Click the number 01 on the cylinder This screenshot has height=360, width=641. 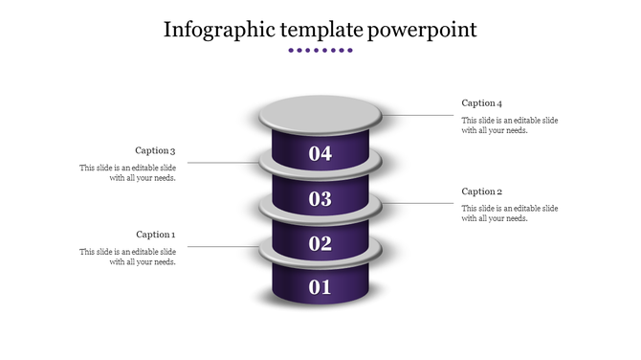(x=320, y=286)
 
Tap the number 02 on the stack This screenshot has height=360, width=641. (x=320, y=243)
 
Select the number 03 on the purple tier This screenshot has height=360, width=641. (x=320, y=199)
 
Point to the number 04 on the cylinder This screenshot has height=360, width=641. (x=320, y=153)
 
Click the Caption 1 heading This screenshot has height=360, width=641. (x=156, y=235)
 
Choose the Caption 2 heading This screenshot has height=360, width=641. (x=481, y=191)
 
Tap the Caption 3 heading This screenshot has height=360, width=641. (x=156, y=150)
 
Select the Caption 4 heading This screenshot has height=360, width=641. (x=481, y=103)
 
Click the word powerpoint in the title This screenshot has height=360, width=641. (x=423, y=30)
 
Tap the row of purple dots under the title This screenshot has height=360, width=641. (x=320, y=50)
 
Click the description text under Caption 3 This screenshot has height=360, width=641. (x=127, y=172)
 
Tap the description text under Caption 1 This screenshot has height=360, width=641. (x=127, y=257)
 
